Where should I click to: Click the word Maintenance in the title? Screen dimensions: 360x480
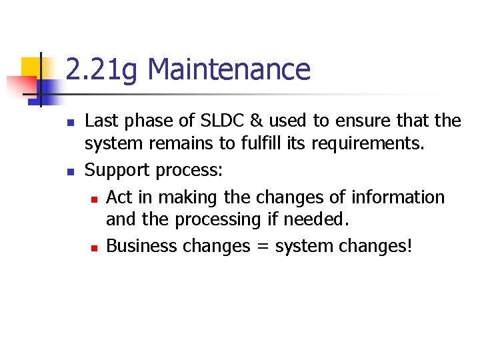(229, 70)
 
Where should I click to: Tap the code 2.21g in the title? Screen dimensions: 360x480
(103, 70)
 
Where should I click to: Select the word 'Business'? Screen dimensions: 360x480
(141, 246)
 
